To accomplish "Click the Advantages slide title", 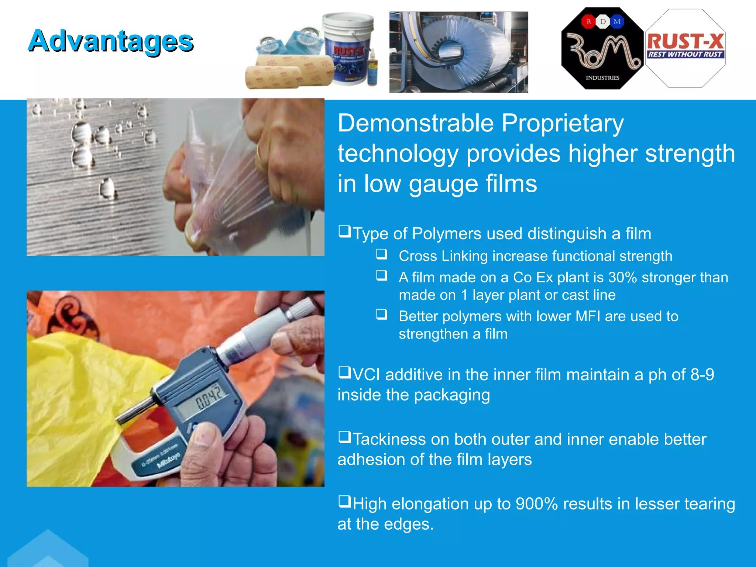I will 111,41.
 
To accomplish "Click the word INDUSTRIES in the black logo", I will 602,78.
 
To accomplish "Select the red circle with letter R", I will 589,21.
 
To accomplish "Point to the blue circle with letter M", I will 617,21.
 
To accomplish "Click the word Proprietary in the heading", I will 563,123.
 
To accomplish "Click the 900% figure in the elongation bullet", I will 536,504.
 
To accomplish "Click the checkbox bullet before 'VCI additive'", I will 344,372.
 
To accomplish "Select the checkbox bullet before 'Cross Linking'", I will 382,254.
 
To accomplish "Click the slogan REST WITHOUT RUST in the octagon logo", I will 685,54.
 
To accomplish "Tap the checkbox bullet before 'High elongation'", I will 344,502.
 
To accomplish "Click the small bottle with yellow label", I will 372,68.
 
